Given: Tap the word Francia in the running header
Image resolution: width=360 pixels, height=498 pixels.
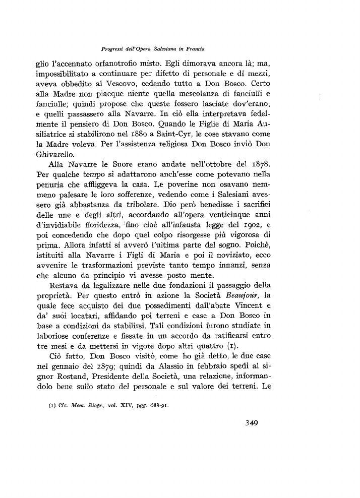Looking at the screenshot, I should point(199,49).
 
